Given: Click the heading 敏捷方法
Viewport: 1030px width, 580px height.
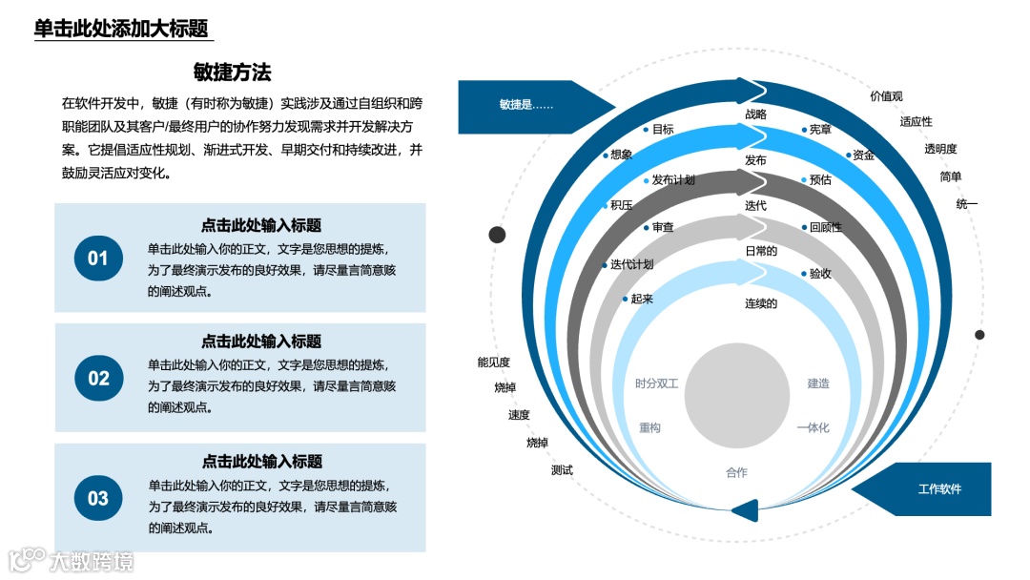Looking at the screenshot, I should click(x=232, y=72).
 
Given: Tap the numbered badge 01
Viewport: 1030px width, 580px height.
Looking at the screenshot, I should click(x=98, y=258).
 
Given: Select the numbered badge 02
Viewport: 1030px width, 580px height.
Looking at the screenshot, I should click(x=98, y=378).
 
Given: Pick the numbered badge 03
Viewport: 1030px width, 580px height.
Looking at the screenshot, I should click(x=98, y=498).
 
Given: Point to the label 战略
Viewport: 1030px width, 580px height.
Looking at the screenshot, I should click(x=755, y=114).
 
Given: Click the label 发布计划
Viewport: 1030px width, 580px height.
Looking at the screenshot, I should click(x=672, y=180).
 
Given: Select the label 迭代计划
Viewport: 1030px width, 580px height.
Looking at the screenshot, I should click(x=631, y=264).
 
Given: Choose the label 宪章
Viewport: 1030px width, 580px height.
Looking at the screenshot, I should click(x=820, y=130).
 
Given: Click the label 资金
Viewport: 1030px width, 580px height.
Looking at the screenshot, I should click(x=864, y=155).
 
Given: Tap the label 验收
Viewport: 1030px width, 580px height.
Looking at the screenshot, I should click(x=820, y=274).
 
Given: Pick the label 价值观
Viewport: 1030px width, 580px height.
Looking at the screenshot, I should click(x=886, y=96).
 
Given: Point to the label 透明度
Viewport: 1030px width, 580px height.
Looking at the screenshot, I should click(x=940, y=149).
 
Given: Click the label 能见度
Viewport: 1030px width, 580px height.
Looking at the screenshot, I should click(x=494, y=362).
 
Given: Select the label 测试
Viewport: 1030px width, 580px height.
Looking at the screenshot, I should click(x=562, y=470).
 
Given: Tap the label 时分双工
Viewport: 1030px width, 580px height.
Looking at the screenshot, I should click(x=657, y=383).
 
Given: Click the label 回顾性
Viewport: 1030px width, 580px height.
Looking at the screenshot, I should click(x=826, y=227).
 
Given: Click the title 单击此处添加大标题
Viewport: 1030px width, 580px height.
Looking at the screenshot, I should click(x=121, y=29).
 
